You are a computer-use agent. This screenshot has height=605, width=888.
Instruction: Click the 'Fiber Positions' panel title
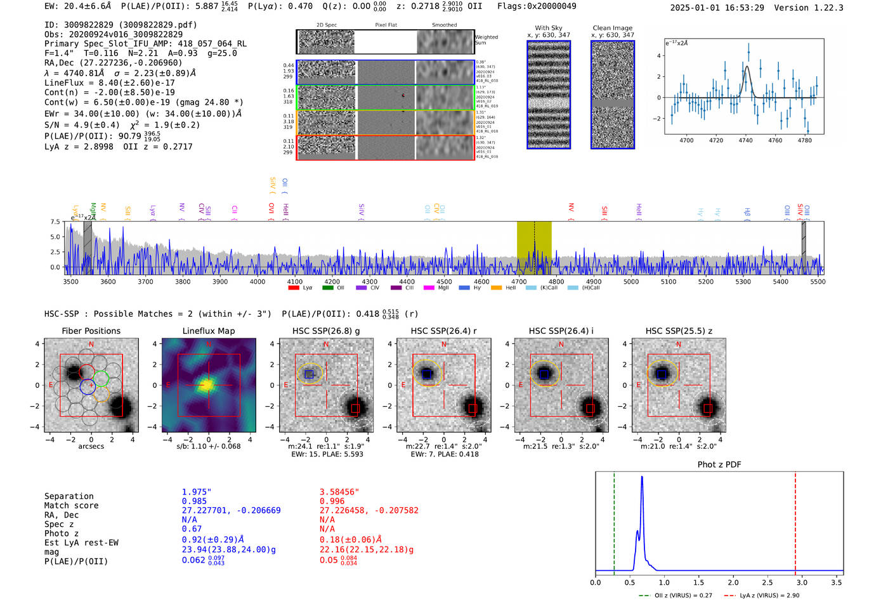coord(91,331)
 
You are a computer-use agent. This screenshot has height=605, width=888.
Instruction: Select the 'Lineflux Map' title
coord(208,331)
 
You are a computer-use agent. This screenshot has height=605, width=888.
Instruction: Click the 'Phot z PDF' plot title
coord(719,465)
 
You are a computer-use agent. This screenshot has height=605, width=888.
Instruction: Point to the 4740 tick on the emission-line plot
coord(745,140)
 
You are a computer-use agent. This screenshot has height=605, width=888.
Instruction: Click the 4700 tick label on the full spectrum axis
coord(519,282)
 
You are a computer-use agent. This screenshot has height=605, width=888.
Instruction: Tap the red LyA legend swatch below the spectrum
coord(294,288)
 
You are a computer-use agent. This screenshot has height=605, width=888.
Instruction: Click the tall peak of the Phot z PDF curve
coord(642,477)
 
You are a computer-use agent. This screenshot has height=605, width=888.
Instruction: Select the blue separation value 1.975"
coord(197,492)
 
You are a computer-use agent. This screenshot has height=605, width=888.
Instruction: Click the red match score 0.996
coord(332,501)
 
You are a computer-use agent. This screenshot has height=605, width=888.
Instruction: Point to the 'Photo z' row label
coord(65,533)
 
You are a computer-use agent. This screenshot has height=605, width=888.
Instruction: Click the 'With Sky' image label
coord(549,28)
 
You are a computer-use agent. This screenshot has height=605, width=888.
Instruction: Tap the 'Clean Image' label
coord(612,28)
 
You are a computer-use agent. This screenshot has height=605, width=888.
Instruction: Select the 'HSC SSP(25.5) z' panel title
coord(679,331)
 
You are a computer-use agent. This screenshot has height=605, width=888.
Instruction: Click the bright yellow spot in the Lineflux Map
coord(207,385)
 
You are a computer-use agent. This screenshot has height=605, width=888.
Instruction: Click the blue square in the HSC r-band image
coord(427,375)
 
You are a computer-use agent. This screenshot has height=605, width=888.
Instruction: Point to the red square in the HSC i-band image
coord(590,408)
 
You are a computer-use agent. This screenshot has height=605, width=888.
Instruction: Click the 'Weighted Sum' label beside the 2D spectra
coord(486,40)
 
